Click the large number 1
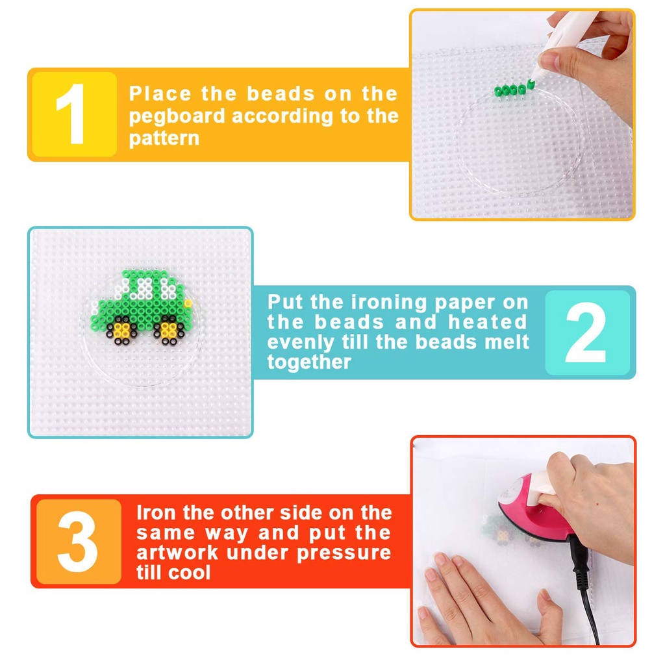point(71,114)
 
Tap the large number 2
point(586,332)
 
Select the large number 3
point(78,542)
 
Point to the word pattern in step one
point(164,139)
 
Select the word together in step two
point(309,362)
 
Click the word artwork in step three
point(177,553)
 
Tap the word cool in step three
point(189,573)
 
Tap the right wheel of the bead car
point(169,329)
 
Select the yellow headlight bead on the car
point(188,303)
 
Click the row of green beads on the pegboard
point(510,90)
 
